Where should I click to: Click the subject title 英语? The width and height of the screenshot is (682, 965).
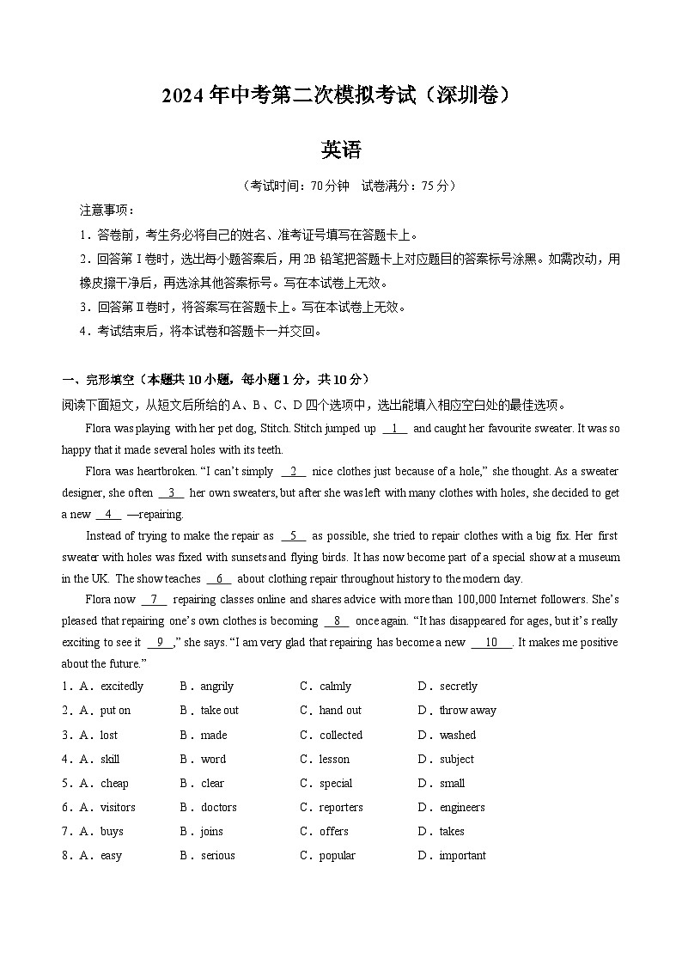click(x=341, y=150)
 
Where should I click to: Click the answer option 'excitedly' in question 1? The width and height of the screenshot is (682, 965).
click(x=122, y=687)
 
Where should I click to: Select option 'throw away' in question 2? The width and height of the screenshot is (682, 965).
click(x=467, y=711)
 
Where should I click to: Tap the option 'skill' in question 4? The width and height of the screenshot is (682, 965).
click(x=110, y=759)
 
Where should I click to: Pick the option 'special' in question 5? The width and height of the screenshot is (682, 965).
click(x=336, y=783)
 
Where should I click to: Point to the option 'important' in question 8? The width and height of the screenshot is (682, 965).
click(x=462, y=855)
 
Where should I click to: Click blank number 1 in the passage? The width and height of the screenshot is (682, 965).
click(x=394, y=429)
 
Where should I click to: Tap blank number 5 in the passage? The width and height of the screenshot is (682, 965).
click(x=293, y=535)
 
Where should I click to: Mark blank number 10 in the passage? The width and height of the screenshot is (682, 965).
click(x=491, y=642)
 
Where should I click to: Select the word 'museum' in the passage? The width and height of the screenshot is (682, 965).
click(x=600, y=557)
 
